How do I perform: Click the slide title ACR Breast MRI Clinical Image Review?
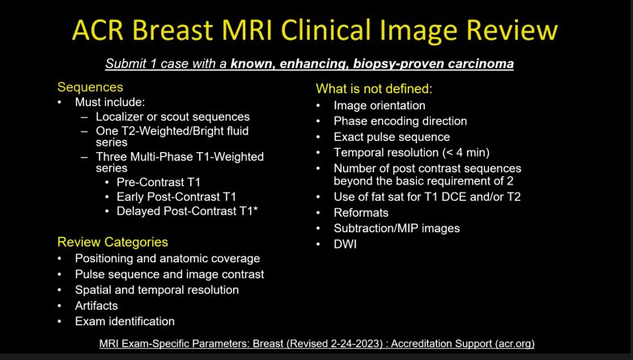(x=315, y=31)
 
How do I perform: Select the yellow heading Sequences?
(x=90, y=87)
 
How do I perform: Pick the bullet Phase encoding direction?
(x=400, y=121)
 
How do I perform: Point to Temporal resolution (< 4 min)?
(x=411, y=152)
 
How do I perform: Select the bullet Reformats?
(x=361, y=212)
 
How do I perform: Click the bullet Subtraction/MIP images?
(x=397, y=227)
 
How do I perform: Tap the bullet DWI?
(x=346, y=243)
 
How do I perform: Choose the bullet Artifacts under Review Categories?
(x=96, y=305)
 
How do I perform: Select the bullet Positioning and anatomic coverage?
(x=168, y=259)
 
